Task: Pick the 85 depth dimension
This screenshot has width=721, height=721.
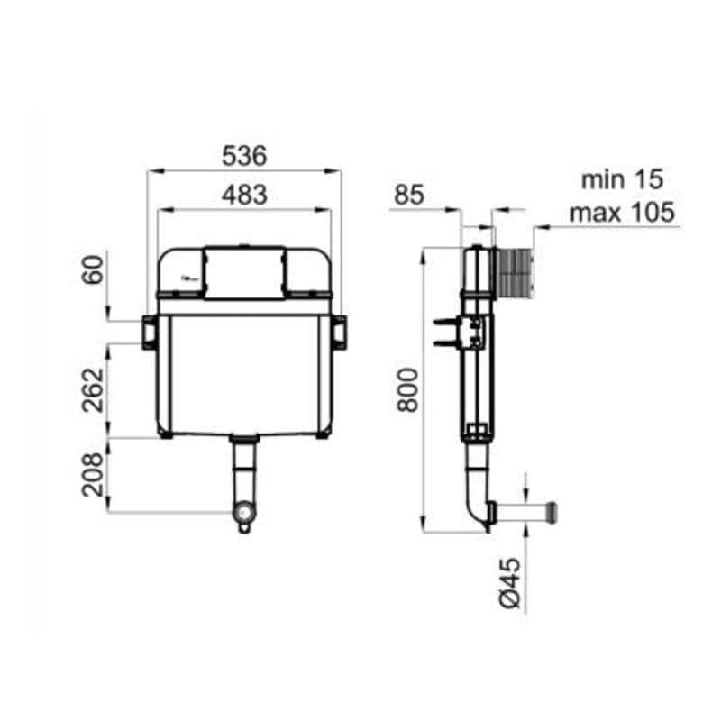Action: [x=408, y=195]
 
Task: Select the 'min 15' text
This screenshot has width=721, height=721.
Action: [x=622, y=179]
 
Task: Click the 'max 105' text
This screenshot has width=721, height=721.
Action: [x=622, y=213]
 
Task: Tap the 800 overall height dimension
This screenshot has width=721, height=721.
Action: [x=408, y=389]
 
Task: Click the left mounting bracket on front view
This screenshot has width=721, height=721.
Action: [x=149, y=331]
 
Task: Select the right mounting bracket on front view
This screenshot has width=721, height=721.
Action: [x=339, y=331]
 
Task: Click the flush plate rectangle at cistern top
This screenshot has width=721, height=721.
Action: [x=244, y=270]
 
